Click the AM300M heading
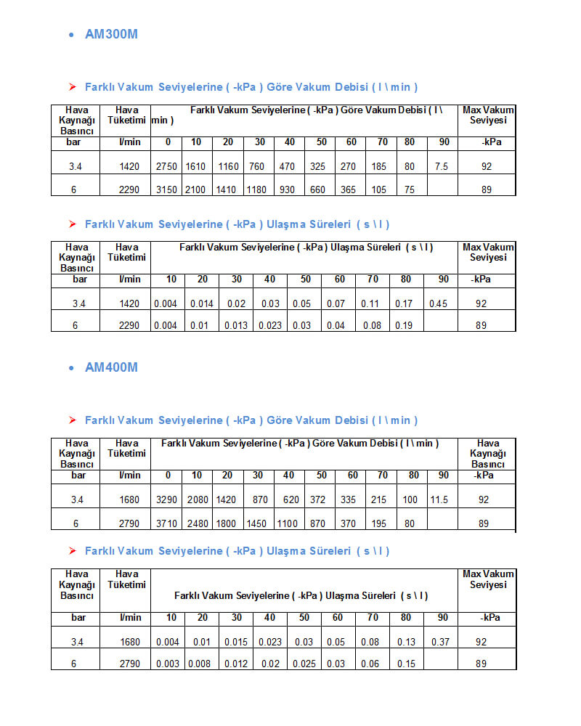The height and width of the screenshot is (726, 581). [111, 34]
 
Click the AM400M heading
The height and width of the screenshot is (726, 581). [111, 367]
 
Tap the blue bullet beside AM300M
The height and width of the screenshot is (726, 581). [70, 35]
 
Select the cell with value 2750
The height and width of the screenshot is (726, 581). [166, 167]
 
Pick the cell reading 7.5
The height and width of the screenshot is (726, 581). [441, 167]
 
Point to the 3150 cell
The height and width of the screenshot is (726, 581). [166, 190]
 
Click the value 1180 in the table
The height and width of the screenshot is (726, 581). [257, 190]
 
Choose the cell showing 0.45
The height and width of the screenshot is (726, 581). [438, 304]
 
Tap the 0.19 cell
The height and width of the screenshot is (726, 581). [404, 326]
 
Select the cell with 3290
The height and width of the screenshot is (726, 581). [166, 500]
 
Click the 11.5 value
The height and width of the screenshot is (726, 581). [439, 500]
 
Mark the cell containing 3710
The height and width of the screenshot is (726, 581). [166, 523]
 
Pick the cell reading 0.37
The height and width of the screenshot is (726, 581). [439, 643]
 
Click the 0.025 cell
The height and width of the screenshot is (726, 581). [304, 664]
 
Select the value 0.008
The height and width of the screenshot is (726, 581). [199, 664]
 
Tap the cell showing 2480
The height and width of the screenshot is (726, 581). [197, 523]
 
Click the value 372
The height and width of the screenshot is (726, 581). [317, 500]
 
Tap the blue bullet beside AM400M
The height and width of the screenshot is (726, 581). [70, 368]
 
